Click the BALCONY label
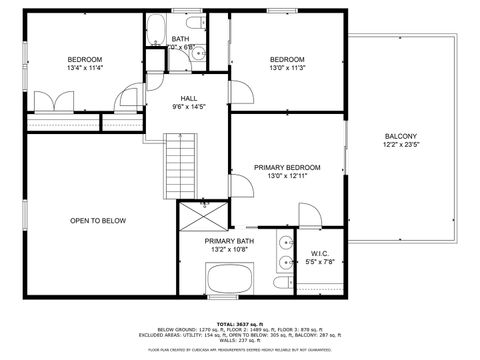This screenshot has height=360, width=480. (400, 137)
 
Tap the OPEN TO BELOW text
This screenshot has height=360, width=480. (98, 220)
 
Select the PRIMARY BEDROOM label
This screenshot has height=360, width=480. (287, 167)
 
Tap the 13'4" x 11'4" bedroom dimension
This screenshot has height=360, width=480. (84, 68)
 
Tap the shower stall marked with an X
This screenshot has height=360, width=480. (203, 215)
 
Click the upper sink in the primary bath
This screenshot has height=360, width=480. (285, 242)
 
